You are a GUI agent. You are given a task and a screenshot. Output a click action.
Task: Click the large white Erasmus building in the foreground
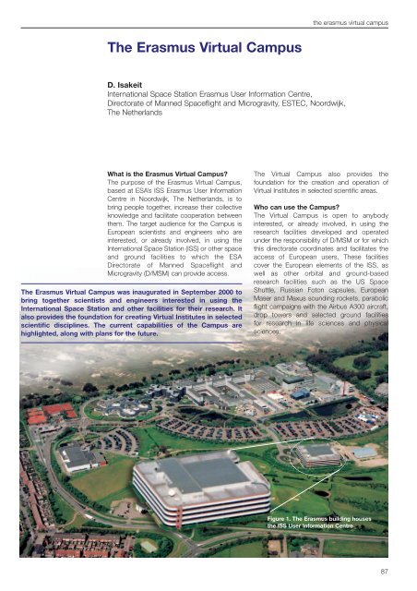point(198,498)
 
